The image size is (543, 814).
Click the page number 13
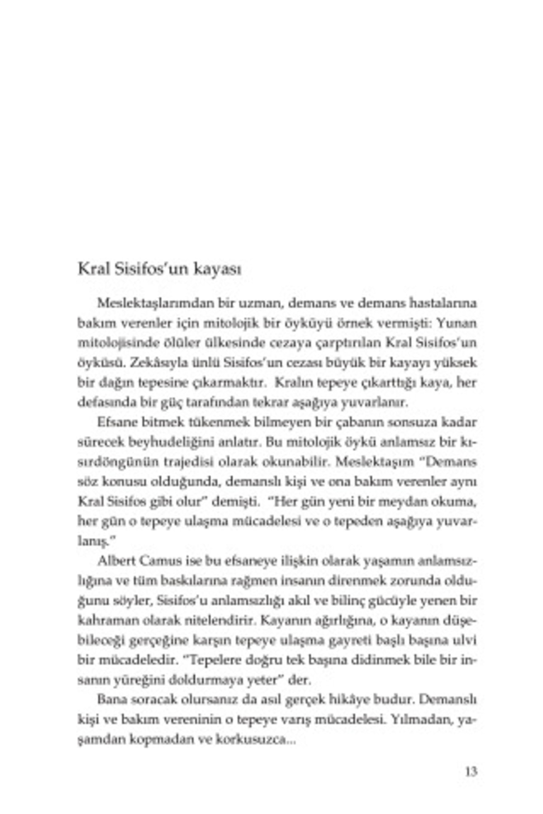(x=471, y=772)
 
